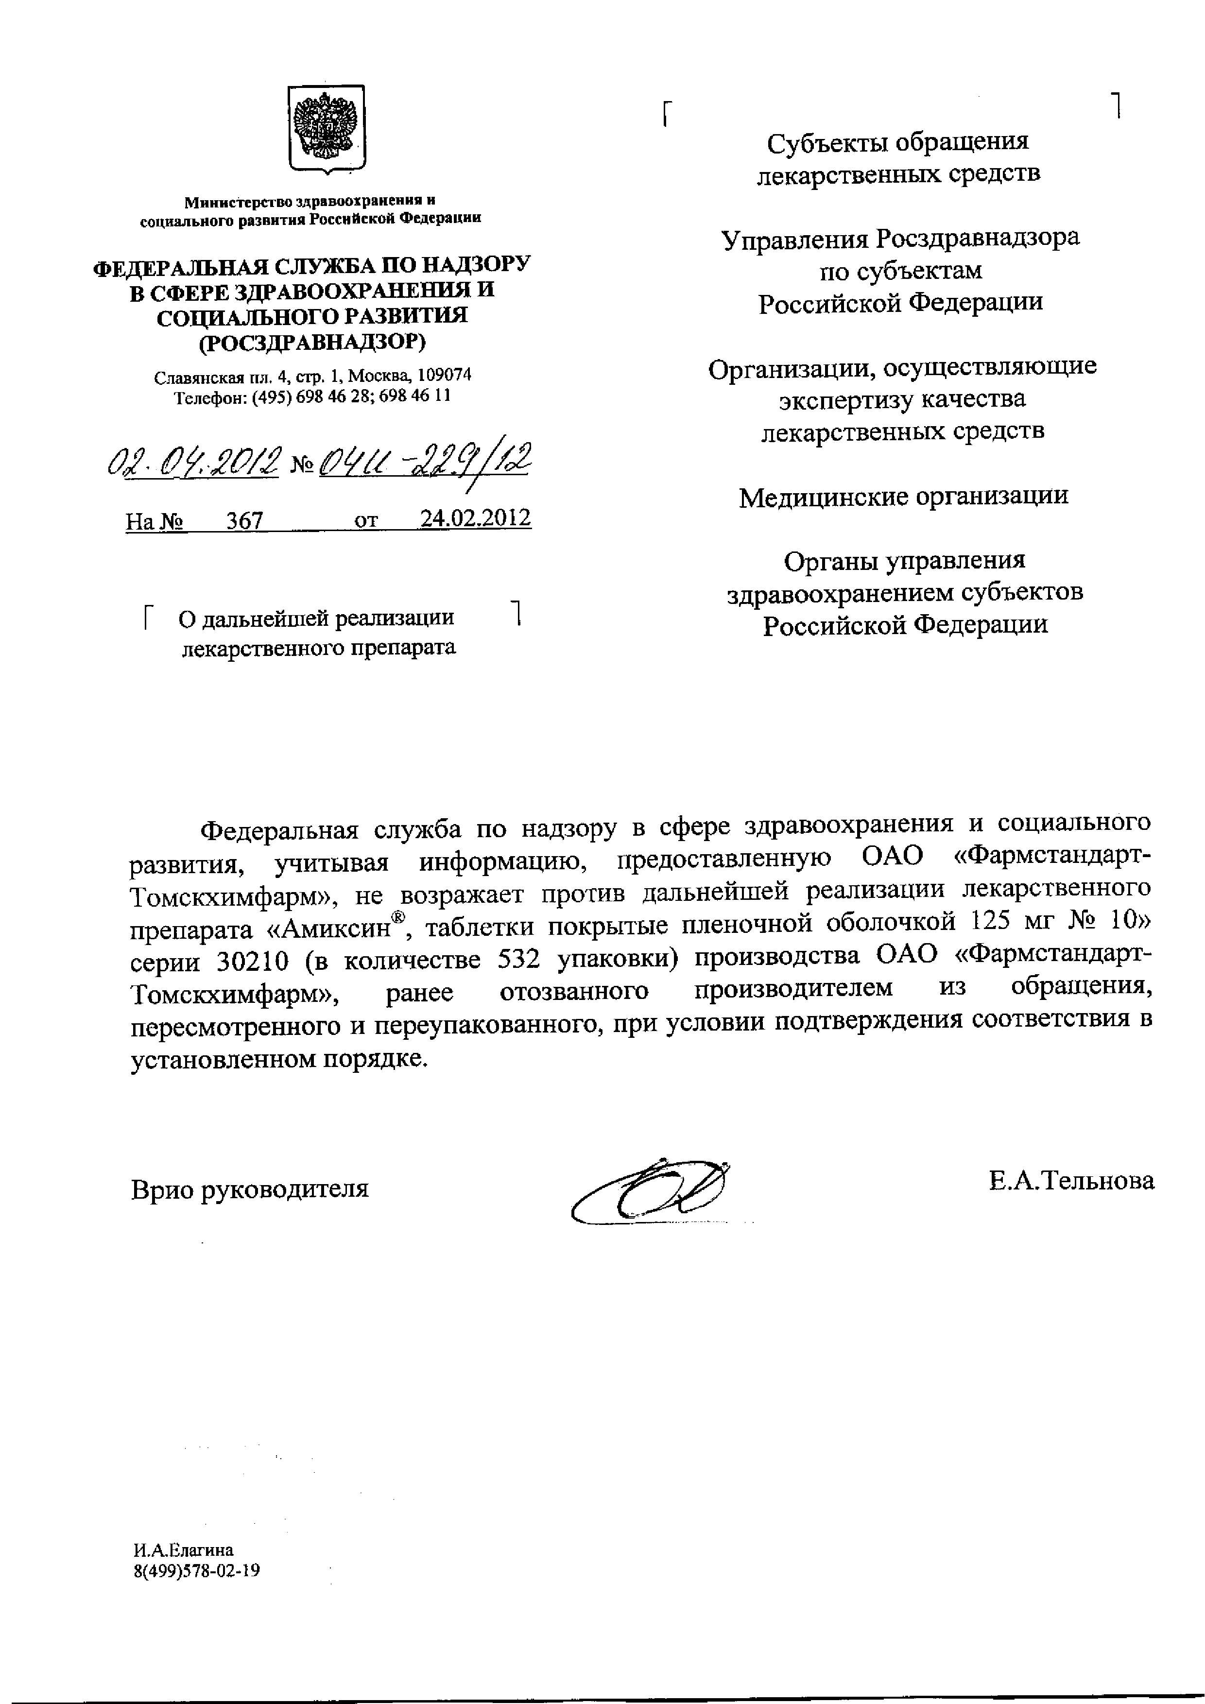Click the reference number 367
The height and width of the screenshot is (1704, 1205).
tap(245, 520)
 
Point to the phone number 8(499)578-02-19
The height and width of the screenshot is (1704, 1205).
tap(197, 1571)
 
